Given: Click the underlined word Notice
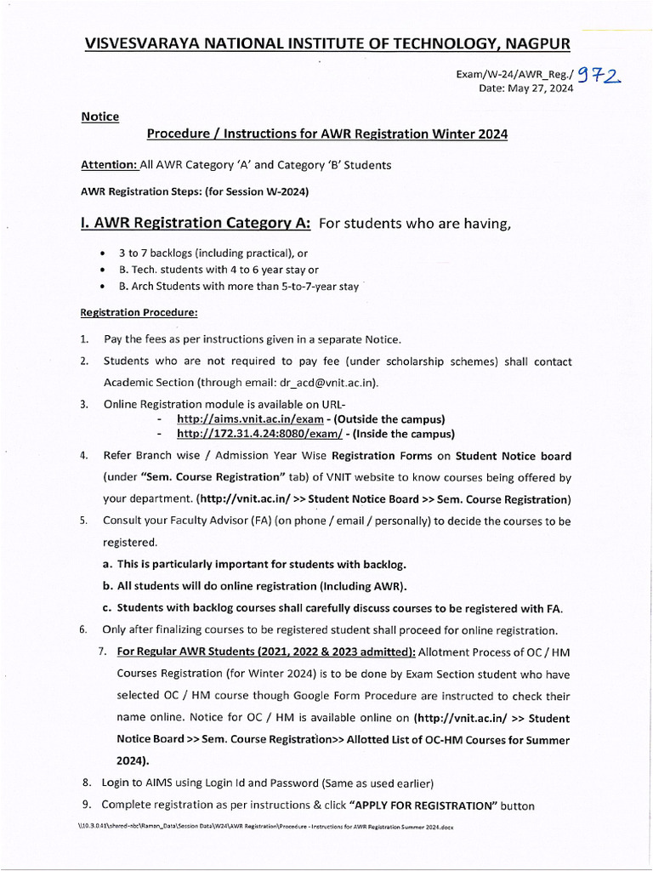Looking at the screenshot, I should click(x=99, y=117).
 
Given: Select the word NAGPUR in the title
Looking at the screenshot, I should click(x=530, y=43).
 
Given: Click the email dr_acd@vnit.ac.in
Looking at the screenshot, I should click(x=326, y=382).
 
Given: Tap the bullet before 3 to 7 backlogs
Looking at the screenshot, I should click(x=103, y=254).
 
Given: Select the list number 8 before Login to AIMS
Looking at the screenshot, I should click(x=86, y=782).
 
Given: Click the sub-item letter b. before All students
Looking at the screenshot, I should click(x=108, y=586).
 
